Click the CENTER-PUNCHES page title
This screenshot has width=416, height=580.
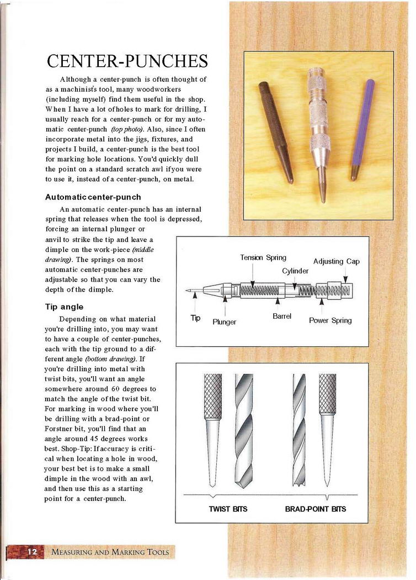pos(127,61)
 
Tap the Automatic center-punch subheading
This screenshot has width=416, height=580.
pos(93,197)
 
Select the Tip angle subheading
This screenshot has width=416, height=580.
pos(65,307)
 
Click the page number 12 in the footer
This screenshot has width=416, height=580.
pos(32,551)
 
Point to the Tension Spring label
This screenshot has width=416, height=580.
pos(263,257)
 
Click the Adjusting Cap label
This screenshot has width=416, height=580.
pos(336,261)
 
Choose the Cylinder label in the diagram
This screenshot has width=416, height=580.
pos(295,271)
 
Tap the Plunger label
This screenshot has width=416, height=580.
pos(224,322)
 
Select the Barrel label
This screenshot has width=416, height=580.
pos(282,317)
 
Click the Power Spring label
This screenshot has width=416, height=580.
pos(330,320)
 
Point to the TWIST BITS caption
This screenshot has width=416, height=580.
pos(228,509)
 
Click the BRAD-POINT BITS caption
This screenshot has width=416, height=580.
pos(316,509)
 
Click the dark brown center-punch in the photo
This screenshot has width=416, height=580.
pos(276,133)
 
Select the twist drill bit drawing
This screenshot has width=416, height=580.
pos(244,431)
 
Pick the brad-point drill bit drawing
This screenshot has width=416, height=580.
pos(299,430)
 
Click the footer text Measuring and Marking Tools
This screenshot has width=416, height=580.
pos(110,552)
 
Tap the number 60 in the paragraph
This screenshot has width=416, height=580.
pos(114,389)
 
